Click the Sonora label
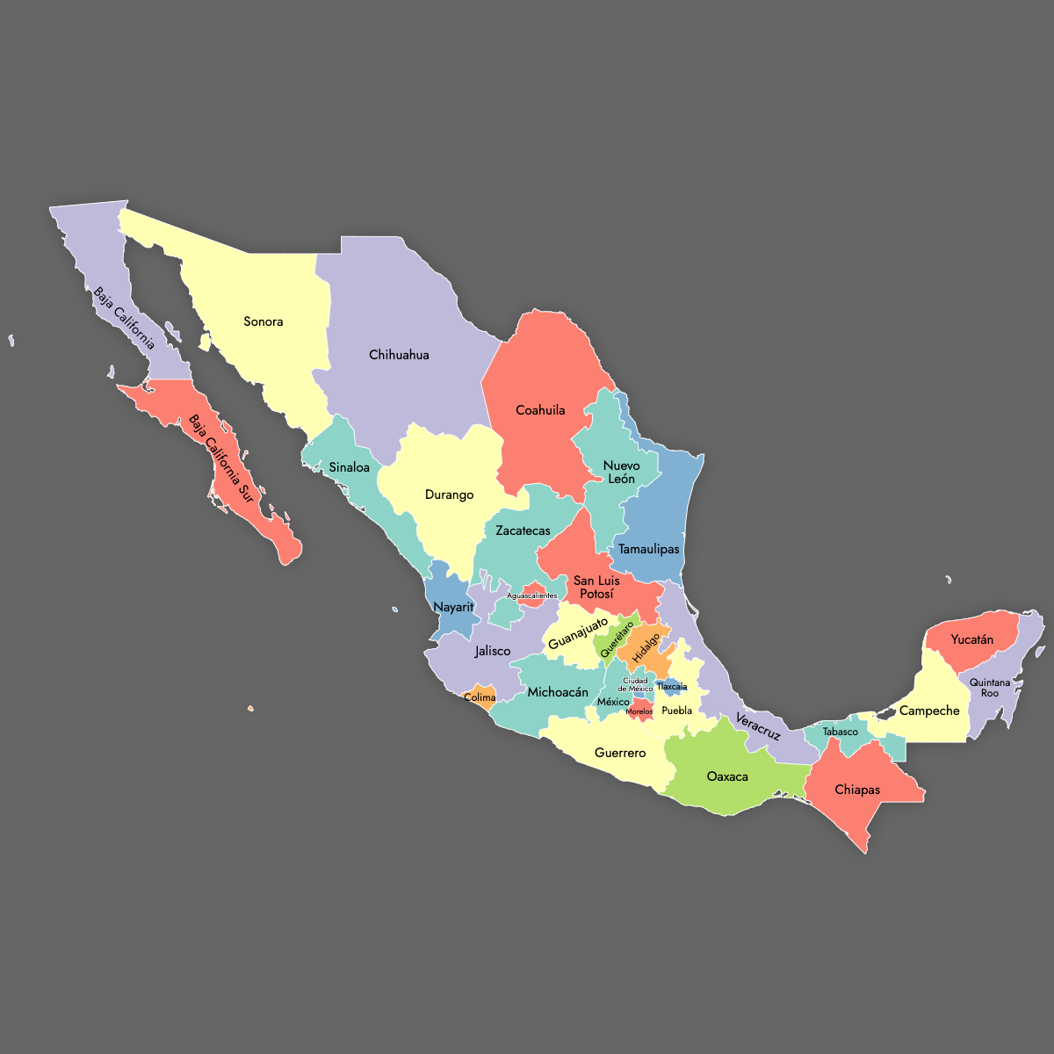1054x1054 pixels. pos(263,321)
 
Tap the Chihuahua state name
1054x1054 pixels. pos(399,355)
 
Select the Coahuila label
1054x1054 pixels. pos(540,410)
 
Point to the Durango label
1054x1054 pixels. pos(449,495)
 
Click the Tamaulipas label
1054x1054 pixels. pos(649,549)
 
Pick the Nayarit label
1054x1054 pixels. pos(453,607)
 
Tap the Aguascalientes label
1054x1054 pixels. pos(531,596)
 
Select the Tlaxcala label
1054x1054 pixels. pos(672,687)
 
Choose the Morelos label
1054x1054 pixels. pos(639,711)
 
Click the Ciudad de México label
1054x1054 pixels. pos(635,685)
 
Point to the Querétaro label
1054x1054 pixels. pos(617,639)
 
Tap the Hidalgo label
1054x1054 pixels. pos(646,647)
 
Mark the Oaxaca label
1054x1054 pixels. pos(727,776)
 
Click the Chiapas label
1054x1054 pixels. pos(857,790)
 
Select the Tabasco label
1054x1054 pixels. pos(841,732)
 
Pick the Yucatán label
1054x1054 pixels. pos(972,639)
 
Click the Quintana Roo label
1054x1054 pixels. pos(990,688)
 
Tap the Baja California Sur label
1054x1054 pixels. pos(220,458)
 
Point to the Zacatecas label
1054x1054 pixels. pos(523,531)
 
